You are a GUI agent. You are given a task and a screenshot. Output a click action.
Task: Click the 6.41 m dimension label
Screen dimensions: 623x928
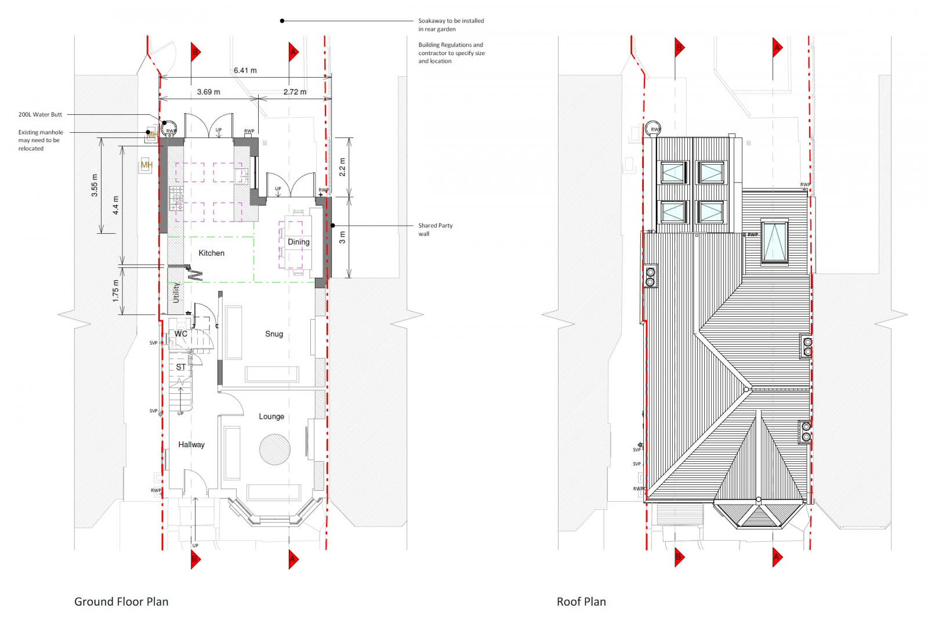[245, 70]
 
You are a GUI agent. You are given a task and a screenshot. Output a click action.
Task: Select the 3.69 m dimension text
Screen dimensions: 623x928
[208, 92]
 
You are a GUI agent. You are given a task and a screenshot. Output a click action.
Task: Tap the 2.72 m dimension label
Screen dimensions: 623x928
[295, 92]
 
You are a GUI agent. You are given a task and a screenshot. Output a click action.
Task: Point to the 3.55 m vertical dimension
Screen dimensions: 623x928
[95, 186]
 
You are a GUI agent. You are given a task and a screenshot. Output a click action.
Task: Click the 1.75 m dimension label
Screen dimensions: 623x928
[115, 291]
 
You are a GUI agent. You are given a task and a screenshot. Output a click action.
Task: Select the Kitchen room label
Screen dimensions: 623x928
[211, 253]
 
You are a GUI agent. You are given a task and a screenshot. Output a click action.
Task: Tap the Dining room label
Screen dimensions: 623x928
[299, 242]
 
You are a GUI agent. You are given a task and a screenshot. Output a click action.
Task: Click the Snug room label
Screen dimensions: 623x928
[274, 334]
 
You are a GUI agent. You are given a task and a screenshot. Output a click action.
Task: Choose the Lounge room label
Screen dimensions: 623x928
[271, 416]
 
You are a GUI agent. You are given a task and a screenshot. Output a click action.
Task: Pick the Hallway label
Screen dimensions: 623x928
[191, 444]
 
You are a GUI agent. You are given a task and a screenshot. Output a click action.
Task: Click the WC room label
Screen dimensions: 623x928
[181, 334]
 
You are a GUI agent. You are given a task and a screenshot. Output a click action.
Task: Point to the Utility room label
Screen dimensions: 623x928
[176, 293]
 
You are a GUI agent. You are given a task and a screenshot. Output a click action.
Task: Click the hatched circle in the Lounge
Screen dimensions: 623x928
[274, 450]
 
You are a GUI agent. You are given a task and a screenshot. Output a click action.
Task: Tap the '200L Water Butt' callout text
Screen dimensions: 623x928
[40, 114]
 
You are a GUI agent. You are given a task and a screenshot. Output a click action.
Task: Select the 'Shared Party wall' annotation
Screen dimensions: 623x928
[435, 229]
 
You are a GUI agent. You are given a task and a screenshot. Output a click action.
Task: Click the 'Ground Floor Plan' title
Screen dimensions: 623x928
[121, 602]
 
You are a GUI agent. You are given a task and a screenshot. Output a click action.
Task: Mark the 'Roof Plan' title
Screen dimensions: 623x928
[581, 602]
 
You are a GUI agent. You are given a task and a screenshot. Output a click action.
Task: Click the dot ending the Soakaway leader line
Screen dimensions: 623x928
[282, 21]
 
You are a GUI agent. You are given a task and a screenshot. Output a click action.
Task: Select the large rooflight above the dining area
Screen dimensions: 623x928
[774, 241]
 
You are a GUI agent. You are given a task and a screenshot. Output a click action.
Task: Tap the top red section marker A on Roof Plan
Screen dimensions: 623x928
[777, 48]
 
